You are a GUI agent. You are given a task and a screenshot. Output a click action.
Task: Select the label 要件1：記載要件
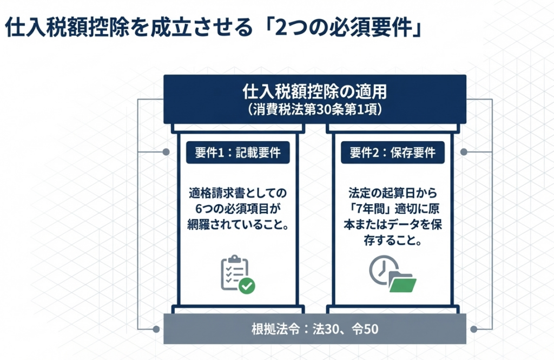click(x=238, y=153)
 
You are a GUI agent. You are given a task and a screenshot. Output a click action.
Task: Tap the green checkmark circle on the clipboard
click(x=247, y=285)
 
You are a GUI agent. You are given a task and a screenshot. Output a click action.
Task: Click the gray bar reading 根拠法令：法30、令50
click(x=315, y=329)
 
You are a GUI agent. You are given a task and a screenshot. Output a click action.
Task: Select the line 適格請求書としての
click(x=238, y=193)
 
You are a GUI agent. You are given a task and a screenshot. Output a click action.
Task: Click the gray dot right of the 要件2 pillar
click(x=464, y=153)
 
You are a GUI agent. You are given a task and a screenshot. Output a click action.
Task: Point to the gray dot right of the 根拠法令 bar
click(x=474, y=329)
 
